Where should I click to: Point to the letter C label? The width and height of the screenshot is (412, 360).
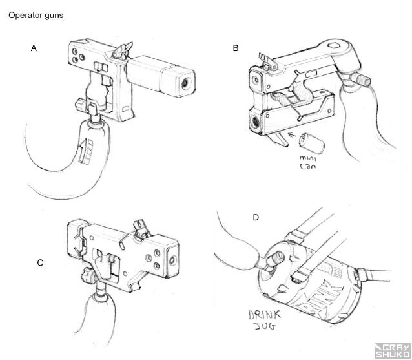pyautogui.click(x=40, y=262)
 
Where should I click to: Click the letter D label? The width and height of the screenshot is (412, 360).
pyautogui.click(x=256, y=217)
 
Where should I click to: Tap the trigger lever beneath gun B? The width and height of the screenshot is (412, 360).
pyautogui.click(x=280, y=138)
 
